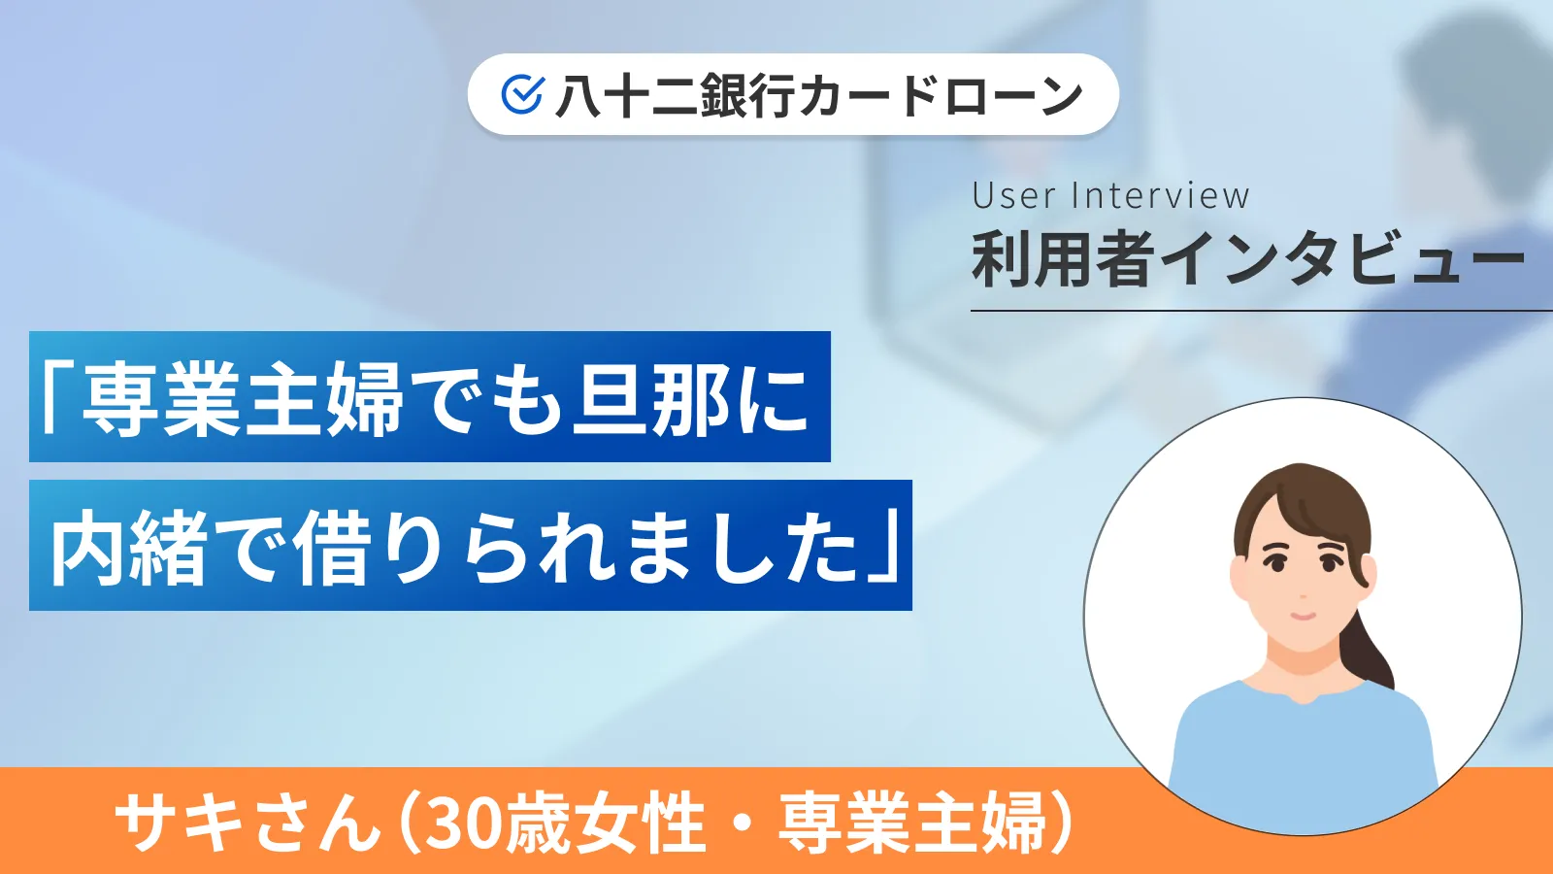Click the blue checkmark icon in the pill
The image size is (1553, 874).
tap(522, 94)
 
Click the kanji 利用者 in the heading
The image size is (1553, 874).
tap(1063, 260)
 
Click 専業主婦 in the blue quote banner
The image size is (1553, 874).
tap(243, 398)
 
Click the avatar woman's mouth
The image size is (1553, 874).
tap(1302, 616)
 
